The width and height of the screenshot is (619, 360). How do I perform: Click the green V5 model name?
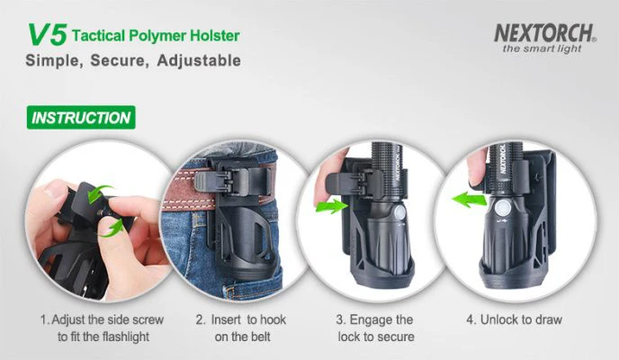point(48,35)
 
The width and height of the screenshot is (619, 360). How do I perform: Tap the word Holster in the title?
point(215,35)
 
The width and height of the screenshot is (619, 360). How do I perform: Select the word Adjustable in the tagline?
point(199,60)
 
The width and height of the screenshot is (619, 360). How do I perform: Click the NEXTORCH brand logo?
point(545,33)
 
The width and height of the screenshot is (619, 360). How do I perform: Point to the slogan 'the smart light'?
point(542,49)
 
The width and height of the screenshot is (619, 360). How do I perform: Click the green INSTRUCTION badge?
point(81,118)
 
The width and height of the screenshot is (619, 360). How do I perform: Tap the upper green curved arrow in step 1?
point(99,193)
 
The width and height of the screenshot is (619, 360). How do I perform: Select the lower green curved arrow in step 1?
point(110,229)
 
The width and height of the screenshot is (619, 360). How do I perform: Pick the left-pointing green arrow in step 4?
point(469,199)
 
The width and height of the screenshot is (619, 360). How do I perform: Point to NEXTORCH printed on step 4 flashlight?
point(503,158)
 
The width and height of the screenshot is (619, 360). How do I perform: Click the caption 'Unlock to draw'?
point(514,319)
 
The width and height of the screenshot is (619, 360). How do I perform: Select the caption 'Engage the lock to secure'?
point(375,328)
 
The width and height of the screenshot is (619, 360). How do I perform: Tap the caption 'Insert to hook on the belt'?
point(241,328)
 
